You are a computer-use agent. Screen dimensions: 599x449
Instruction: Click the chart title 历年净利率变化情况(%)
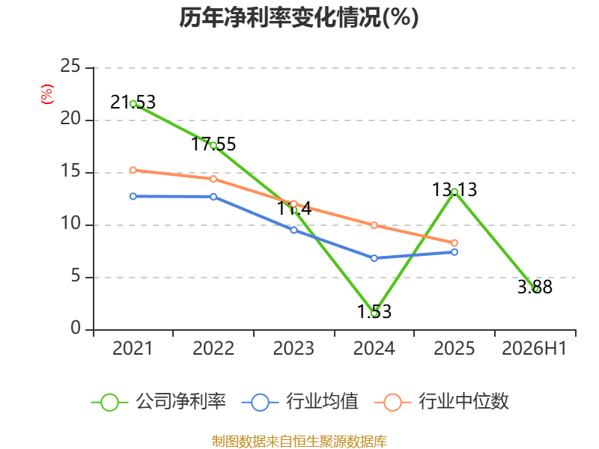pos(299,17)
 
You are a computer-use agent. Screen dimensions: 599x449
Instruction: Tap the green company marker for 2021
pos(133,103)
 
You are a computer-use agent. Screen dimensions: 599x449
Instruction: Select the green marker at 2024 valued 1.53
pos(374,314)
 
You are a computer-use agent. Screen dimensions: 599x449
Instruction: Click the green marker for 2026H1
pos(535,289)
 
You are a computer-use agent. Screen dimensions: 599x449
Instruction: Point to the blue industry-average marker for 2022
pos(213,197)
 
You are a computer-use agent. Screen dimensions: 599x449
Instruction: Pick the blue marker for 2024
pos(374,258)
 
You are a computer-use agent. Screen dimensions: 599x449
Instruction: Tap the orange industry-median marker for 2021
pos(133,170)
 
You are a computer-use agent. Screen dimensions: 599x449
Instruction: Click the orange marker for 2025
pos(454,242)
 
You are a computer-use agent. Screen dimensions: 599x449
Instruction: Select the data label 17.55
pos(213,144)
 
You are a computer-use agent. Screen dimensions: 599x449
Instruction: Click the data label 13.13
pos(454,190)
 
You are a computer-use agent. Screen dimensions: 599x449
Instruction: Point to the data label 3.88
pos(535,287)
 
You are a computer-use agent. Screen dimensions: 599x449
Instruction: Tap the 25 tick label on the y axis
pos(70,66)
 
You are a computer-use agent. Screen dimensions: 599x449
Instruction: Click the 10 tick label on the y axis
pos(70,223)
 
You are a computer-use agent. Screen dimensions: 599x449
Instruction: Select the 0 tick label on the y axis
pos(76,328)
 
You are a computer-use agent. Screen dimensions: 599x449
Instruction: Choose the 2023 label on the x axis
pos(294,349)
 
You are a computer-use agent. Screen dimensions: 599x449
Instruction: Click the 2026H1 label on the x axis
pos(534,349)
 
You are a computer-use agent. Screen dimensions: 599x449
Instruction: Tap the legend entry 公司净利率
pos(159,402)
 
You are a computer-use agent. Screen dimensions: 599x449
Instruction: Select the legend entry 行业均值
pos(300,402)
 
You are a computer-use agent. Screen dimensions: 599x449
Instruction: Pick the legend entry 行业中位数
pos(441,402)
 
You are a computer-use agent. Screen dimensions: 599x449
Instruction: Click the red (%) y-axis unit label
pos(47,94)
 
